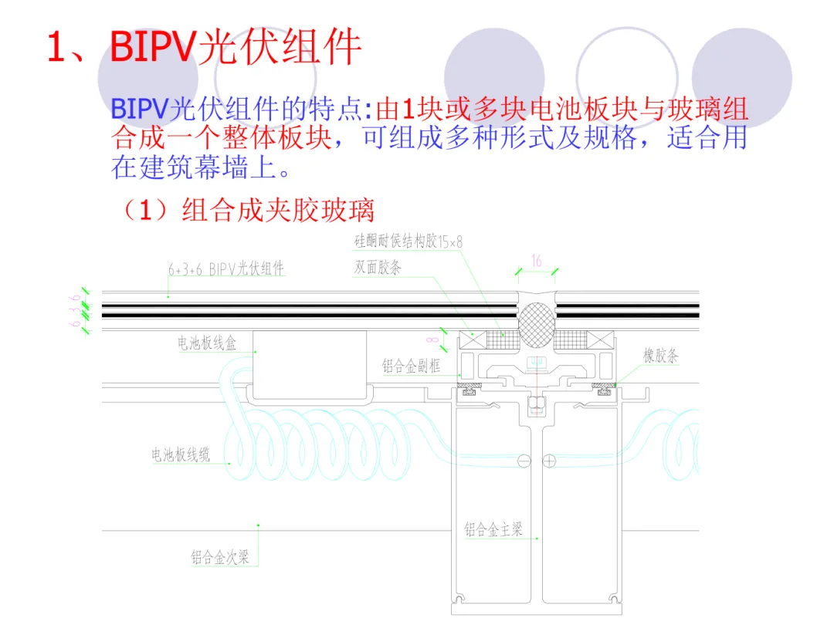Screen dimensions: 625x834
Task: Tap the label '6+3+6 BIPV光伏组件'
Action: tap(226, 270)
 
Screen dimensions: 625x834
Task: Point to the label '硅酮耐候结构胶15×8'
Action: tap(409, 242)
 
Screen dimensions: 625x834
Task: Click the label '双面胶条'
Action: tap(378, 269)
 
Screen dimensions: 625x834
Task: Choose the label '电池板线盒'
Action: tap(207, 344)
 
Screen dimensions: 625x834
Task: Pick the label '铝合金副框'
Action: tap(411, 367)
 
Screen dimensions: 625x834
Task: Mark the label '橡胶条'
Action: tap(661, 356)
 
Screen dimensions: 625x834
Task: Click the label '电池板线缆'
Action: tap(181, 455)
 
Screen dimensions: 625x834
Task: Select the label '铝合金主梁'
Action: tap(493, 529)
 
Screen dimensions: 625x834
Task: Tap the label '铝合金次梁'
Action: tap(220, 556)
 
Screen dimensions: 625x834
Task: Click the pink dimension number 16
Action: tap(537, 262)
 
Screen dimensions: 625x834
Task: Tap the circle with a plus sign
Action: tap(549, 461)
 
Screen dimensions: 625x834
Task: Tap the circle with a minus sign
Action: tap(524, 461)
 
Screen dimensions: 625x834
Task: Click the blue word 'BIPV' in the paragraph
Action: tap(140, 109)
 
